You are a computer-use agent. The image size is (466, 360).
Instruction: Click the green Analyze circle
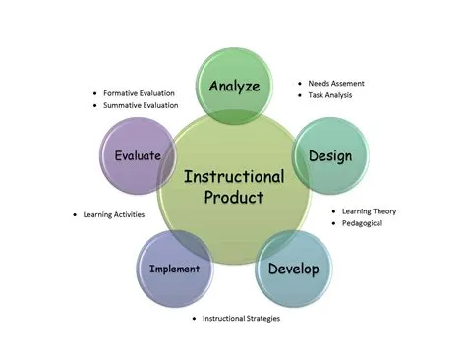click(x=235, y=85)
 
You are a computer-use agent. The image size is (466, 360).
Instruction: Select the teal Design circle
click(x=330, y=154)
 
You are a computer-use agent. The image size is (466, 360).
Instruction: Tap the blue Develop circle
click(x=291, y=269)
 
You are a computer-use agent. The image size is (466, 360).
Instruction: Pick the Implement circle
click(x=174, y=269)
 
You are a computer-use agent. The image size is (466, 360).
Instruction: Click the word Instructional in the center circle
click(x=234, y=177)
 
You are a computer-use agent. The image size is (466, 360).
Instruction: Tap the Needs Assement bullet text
click(x=340, y=84)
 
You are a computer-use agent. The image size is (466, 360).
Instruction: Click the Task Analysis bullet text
click(x=333, y=95)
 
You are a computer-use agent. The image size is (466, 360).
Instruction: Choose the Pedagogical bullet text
click(x=363, y=223)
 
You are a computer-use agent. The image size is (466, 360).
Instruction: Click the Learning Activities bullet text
click(x=115, y=215)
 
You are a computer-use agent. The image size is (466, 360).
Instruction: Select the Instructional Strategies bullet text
click(x=242, y=319)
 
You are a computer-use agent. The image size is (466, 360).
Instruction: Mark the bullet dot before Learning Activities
click(x=76, y=215)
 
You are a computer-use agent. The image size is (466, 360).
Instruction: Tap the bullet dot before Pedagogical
click(x=332, y=223)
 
